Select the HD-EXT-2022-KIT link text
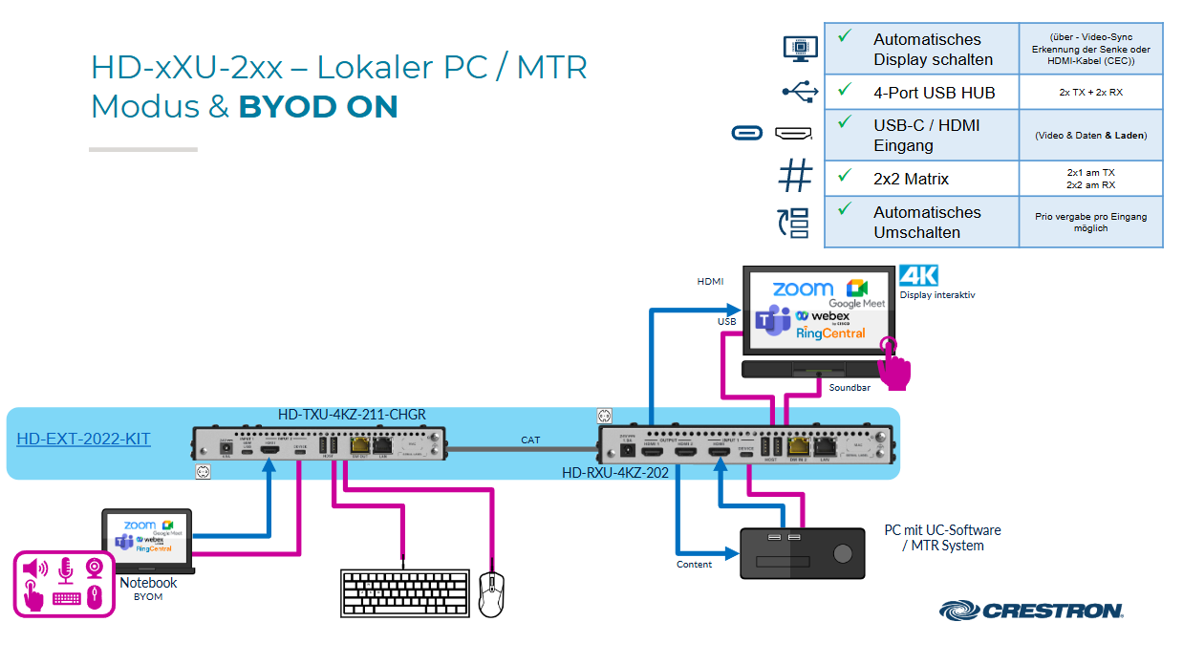click(83, 440)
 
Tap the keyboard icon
click(405, 593)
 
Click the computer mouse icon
click(491, 593)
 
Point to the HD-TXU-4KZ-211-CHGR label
click(352, 415)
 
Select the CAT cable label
click(530, 440)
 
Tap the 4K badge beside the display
click(919, 277)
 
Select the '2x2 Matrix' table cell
click(911, 179)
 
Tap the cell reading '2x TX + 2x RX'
click(1090, 93)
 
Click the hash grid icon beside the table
click(795, 177)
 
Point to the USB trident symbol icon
click(799, 92)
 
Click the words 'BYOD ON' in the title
click(317, 107)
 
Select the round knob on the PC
click(842, 554)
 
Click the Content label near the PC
click(694, 565)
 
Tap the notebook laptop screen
click(147, 537)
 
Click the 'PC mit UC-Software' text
click(942, 530)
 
